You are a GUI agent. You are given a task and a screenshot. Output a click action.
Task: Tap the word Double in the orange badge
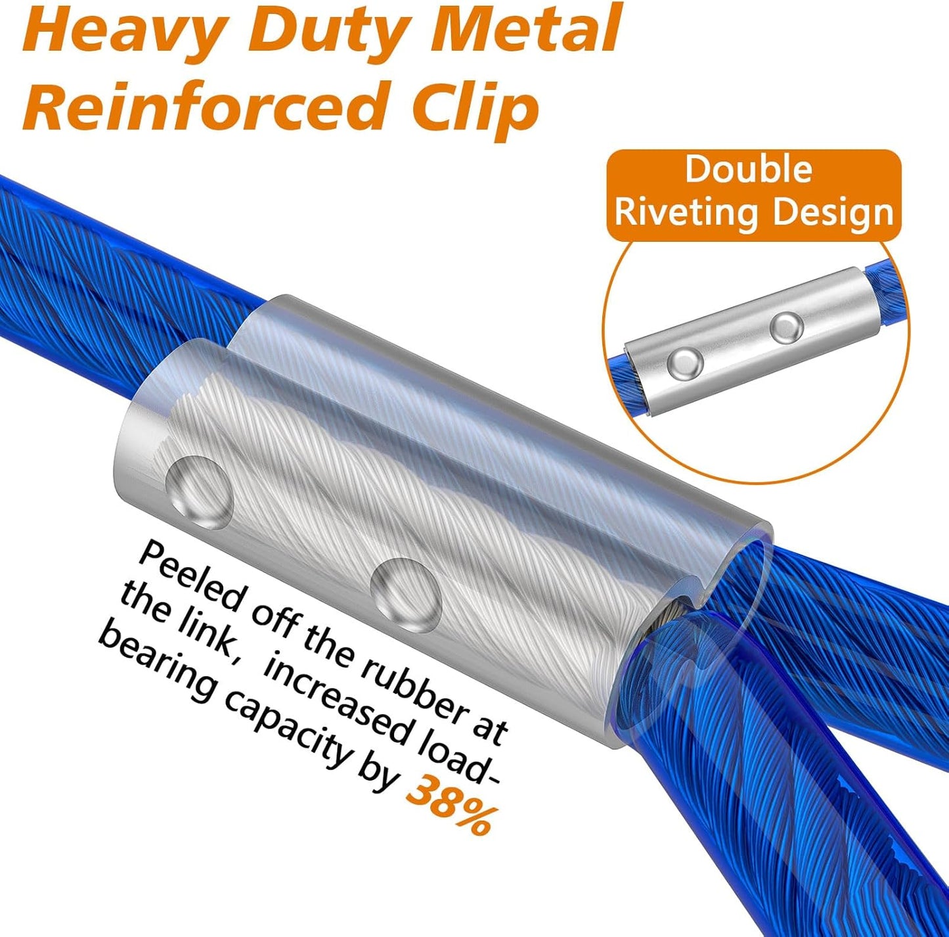click(749, 169)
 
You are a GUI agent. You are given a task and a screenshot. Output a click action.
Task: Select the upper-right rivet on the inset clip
click(787, 327)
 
